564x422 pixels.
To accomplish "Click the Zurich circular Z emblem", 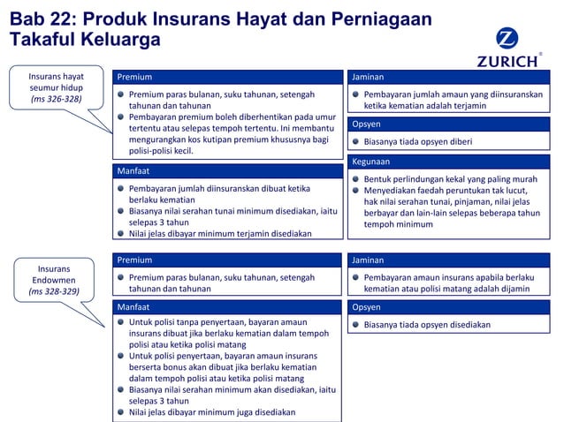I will tap(507, 40).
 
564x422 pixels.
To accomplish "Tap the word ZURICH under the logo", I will tap(507, 62).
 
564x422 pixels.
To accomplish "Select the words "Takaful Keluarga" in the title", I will tap(85, 41).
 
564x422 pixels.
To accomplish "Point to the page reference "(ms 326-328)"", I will tap(57, 100).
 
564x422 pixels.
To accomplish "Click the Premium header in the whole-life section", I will tap(228, 77).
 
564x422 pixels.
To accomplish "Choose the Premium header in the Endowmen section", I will tap(228, 260).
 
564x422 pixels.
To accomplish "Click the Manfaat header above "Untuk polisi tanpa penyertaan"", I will tap(228, 306).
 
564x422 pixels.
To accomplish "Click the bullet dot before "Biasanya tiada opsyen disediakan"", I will tap(355, 325).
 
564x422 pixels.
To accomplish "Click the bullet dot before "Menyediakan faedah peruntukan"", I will tap(355, 190).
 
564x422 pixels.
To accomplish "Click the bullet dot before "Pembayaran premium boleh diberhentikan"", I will tap(121, 117).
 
